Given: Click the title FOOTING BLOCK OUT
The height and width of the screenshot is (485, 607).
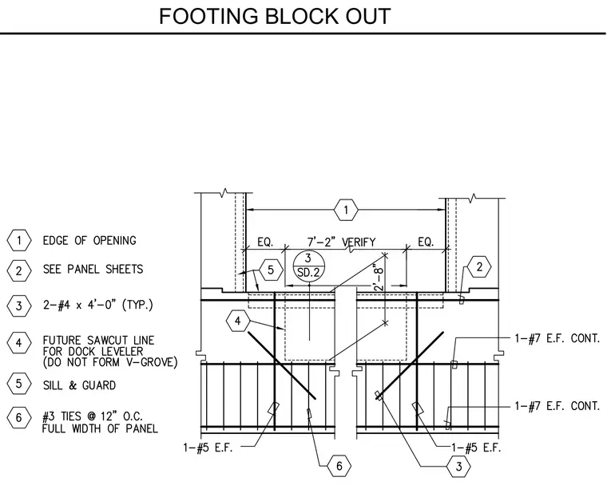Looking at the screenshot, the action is (x=275, y=16).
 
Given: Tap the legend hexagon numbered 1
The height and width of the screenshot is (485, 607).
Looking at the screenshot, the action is (x=19, y=241).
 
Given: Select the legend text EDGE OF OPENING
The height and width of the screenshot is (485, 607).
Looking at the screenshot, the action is (x=89, y=241).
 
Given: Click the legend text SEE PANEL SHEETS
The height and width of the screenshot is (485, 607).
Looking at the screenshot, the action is (x=93, y=269).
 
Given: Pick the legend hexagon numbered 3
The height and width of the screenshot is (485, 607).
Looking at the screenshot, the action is (x=19, y=306).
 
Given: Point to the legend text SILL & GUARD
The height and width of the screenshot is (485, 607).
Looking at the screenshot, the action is (x=79, y=385).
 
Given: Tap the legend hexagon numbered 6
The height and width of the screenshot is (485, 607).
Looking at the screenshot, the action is (x=19, y=418).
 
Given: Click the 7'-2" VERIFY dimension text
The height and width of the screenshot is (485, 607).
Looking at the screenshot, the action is (x=342, y=242).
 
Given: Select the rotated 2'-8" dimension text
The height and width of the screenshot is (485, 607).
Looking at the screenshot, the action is (x=379, y=277).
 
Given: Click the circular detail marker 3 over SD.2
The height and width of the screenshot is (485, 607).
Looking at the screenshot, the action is (x=308, y=266).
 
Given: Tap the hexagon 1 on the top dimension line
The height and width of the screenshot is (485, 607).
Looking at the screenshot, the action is (x=346, y=210).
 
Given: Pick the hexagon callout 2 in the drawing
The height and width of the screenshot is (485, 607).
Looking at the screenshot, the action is (x=479, y=267).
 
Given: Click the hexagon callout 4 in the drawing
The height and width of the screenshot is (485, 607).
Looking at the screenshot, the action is (x=238, y=321).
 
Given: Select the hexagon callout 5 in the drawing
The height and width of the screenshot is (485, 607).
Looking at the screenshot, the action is (x=271, y=270).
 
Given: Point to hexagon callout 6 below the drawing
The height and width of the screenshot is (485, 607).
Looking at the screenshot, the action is (x=339, y=466).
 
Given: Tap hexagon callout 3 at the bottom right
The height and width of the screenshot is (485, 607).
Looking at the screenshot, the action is (x=458, y=467).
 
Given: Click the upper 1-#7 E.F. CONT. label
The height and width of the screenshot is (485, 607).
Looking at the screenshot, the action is (x=557, y=338).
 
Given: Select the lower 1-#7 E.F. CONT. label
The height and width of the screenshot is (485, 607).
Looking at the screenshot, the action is (x=557, y=406).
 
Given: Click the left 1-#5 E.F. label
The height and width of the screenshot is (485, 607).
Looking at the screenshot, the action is (x=208, y=448).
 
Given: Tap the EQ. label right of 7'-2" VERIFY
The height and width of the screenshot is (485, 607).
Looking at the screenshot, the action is (x=426, y=242).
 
